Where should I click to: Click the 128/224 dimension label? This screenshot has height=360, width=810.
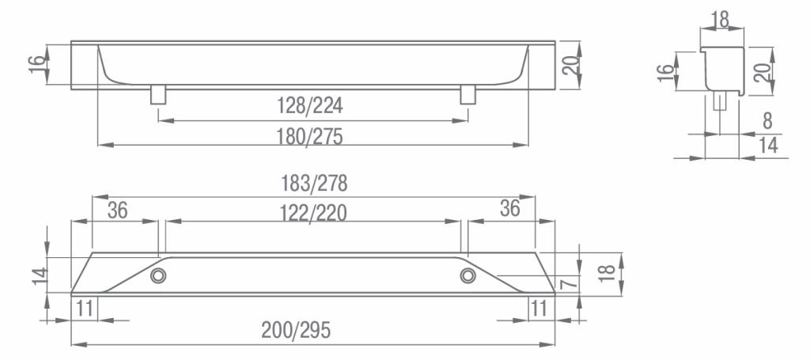coord(310,106)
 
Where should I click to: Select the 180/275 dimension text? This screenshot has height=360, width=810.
coord(309,137)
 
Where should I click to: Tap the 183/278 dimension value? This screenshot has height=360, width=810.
coord(314,184)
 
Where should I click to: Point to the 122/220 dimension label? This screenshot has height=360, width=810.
coord(313,213)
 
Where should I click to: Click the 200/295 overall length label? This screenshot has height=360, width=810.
coord(296,329)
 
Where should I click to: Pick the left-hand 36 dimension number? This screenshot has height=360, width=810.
coord(117,210)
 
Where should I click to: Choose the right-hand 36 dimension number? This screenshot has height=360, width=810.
coord(510,208)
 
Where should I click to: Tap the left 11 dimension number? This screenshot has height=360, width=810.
coord(85,309)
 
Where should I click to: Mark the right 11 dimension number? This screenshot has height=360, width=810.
coord(539,309)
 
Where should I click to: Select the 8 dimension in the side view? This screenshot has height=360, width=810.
coord(767,121)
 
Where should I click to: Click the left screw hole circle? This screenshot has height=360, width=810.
coord(158,276)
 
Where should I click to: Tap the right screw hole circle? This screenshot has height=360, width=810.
coord(468,276)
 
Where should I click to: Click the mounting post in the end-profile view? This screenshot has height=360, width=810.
coord(719,100)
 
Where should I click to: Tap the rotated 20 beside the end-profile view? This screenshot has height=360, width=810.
coord(763,70)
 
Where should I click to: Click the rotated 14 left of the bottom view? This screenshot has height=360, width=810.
coord(40,275)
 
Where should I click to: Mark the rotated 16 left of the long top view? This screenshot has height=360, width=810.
coord(37,65)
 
